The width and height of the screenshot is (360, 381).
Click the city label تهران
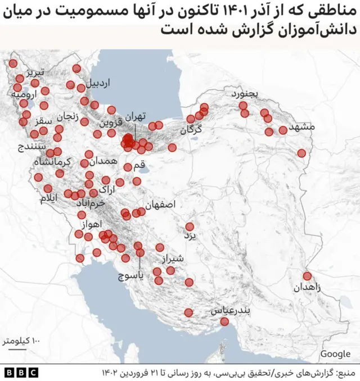[136, 116]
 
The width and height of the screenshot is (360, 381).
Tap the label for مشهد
[301, 127]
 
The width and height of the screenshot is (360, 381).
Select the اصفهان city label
[164, 205]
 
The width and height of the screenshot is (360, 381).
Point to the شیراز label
[173, 258]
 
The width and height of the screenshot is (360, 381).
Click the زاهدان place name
[307, 288]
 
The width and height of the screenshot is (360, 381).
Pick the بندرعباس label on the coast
[231, 310]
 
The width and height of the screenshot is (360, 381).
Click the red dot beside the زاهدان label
[307, 276]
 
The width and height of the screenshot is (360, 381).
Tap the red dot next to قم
[128, 167]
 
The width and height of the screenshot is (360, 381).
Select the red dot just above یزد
[190, 226]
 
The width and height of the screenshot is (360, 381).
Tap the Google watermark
[335, 353]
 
